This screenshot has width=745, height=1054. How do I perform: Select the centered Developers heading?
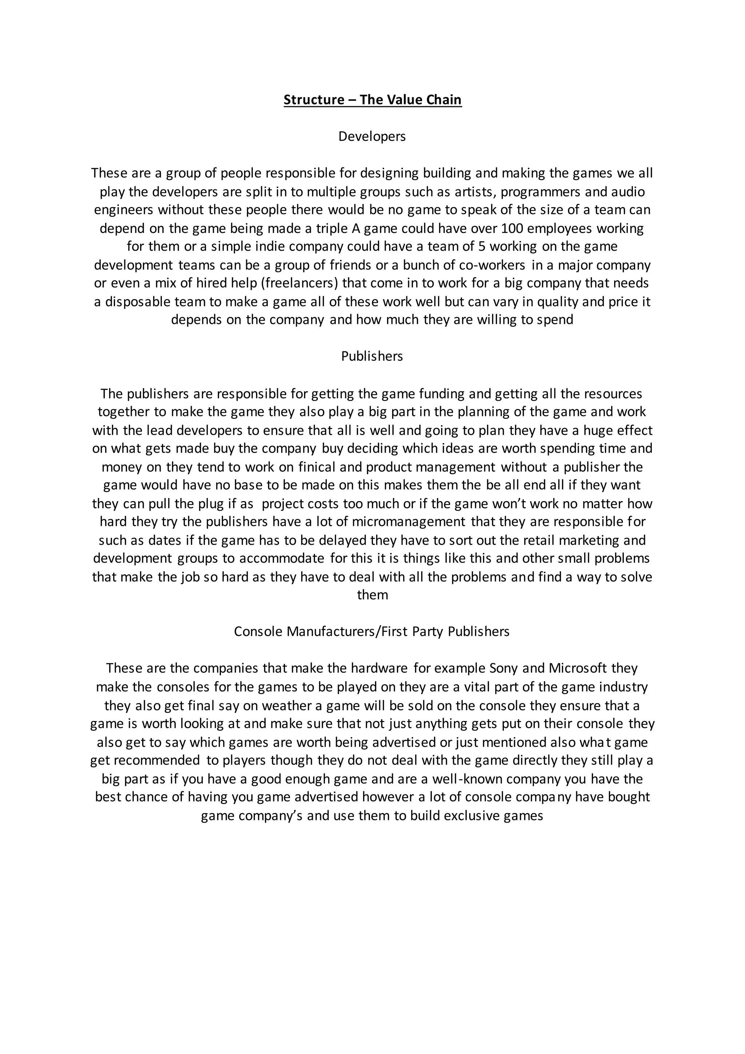372,136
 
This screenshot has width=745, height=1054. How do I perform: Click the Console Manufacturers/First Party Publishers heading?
371,632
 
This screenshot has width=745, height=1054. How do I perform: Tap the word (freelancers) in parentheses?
299,283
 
